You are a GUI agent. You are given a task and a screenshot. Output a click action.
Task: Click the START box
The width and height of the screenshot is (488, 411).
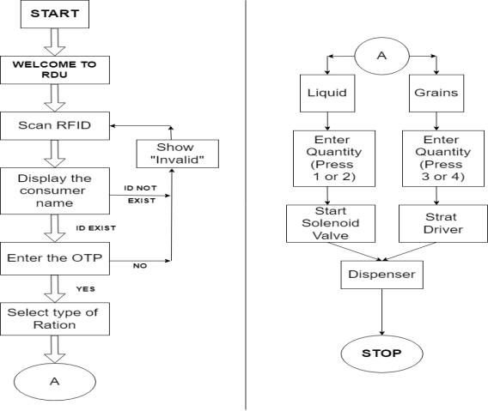tap(55, 14)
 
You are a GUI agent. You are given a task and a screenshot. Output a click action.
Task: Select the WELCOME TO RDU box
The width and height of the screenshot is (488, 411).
tap(55, 70)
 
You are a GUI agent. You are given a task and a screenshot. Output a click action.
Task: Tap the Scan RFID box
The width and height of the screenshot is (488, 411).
tap(55, 126)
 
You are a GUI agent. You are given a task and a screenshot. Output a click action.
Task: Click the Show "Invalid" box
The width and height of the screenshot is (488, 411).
tap(177, 154)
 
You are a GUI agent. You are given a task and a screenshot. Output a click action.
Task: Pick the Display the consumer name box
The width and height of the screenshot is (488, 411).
tap(55, 190)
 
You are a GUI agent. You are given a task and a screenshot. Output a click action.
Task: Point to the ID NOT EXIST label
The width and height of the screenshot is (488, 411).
tap(141, 194)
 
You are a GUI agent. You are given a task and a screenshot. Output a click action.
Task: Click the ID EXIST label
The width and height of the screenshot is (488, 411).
tap(96, 228)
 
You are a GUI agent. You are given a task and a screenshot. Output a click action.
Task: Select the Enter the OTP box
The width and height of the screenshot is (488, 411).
tap(55, 258)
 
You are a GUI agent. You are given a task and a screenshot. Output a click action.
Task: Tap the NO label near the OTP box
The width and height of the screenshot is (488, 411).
tap(140, 266)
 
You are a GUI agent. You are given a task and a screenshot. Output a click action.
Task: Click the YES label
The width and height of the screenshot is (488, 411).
tap(86, 289)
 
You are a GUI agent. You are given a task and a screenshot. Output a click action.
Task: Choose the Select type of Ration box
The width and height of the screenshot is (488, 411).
tap(55, 318)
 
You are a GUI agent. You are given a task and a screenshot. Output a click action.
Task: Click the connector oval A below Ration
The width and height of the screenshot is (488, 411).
tap(55, 382)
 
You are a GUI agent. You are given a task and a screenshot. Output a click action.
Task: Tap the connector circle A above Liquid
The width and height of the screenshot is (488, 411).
tap(381, 56)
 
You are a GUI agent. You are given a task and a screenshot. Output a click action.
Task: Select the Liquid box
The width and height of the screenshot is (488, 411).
tap(327, 94)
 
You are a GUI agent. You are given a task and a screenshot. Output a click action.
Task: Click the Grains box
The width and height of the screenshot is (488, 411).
tap(436, 94)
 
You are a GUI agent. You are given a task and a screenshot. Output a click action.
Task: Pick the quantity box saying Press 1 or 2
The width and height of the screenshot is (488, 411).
tap(334, 159)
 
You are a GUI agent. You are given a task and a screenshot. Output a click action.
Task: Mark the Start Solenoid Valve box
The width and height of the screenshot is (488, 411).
tap(331, 224)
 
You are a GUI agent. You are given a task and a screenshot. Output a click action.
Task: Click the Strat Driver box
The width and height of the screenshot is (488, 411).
tap(443, 224)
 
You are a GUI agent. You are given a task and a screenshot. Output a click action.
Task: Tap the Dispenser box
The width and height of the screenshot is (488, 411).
tap(381, 275)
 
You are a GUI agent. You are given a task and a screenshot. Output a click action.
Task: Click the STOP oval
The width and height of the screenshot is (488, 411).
tap(381, 354)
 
